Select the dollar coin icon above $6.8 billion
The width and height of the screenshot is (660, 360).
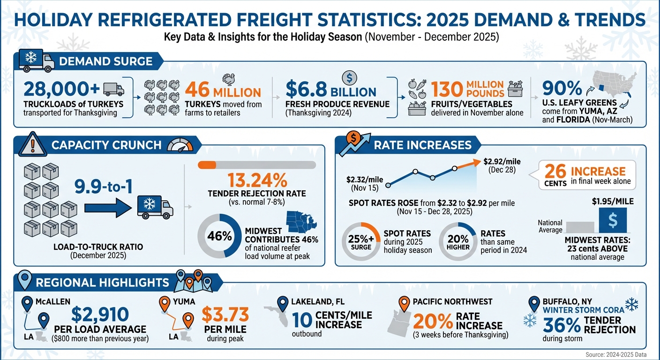click(349, 77)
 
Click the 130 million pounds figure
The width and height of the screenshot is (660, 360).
click(467, 89)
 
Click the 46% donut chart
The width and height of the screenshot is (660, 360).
click(219, 236)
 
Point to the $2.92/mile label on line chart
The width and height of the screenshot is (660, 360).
click(502, 162)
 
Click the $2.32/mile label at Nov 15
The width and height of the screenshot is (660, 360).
click(365, 180)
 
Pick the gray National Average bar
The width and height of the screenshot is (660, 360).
click(581, 227)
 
